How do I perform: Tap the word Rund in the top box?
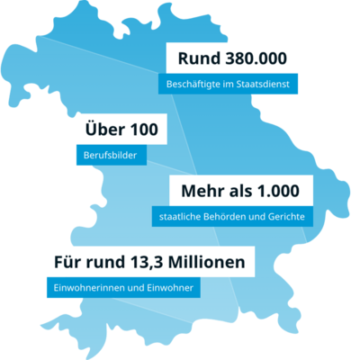point(197,59)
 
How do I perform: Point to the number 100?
point(142,130)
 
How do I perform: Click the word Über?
point(103,130)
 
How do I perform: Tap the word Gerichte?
point(284,217)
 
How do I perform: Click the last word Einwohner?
point(170,289)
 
